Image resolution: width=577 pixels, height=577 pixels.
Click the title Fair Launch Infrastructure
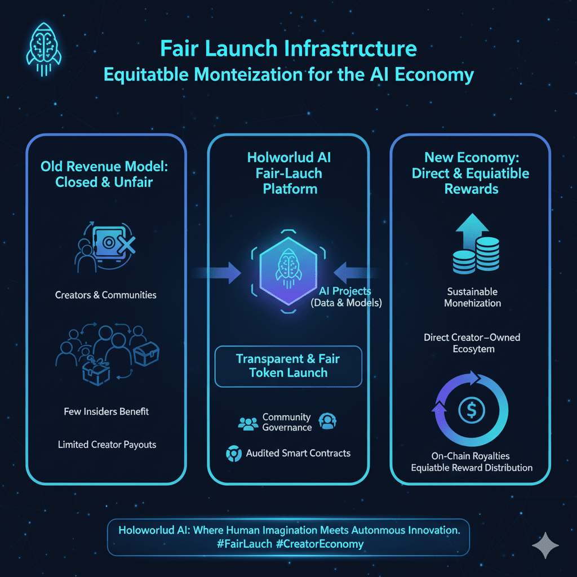tap(288, 49)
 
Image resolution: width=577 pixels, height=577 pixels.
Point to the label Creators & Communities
tap(106, 295)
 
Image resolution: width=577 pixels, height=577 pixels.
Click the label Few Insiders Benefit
tap(106, 411)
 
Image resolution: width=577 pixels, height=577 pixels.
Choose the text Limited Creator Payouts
tap(107, 445)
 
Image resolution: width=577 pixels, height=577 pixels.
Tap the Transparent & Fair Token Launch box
tap(288, 366)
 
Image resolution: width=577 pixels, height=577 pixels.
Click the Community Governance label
tap(287, 422)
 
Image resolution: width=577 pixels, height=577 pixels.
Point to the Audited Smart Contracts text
tap(298, 453)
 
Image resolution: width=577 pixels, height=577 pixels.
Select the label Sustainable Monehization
tap(472, 298)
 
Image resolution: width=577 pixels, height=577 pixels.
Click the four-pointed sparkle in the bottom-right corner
tap(545, 545)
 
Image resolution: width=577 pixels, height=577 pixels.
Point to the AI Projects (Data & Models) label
tap(345, 297)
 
